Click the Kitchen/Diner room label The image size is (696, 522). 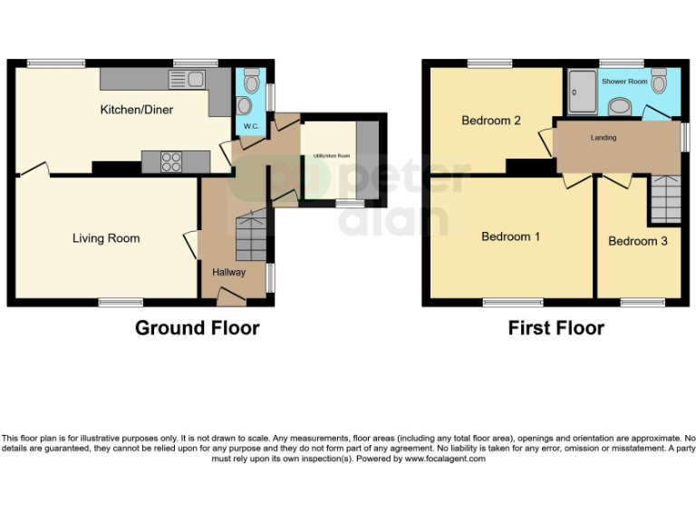(136, 110)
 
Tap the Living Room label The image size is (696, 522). (106, 238)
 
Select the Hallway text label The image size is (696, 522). (228, 272)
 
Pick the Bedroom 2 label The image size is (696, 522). (490, 120)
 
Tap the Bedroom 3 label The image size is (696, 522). (638, 241)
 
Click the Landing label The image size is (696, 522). (604, 138)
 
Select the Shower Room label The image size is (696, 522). (625, 82)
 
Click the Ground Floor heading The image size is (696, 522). (197, 328)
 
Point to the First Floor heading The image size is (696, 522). (556, 328)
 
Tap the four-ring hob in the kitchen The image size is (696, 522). (170, 161)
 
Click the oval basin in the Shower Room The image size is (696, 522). (620, 107)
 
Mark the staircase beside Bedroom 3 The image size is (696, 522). (663, 199)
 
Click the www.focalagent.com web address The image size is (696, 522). (445, 459)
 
